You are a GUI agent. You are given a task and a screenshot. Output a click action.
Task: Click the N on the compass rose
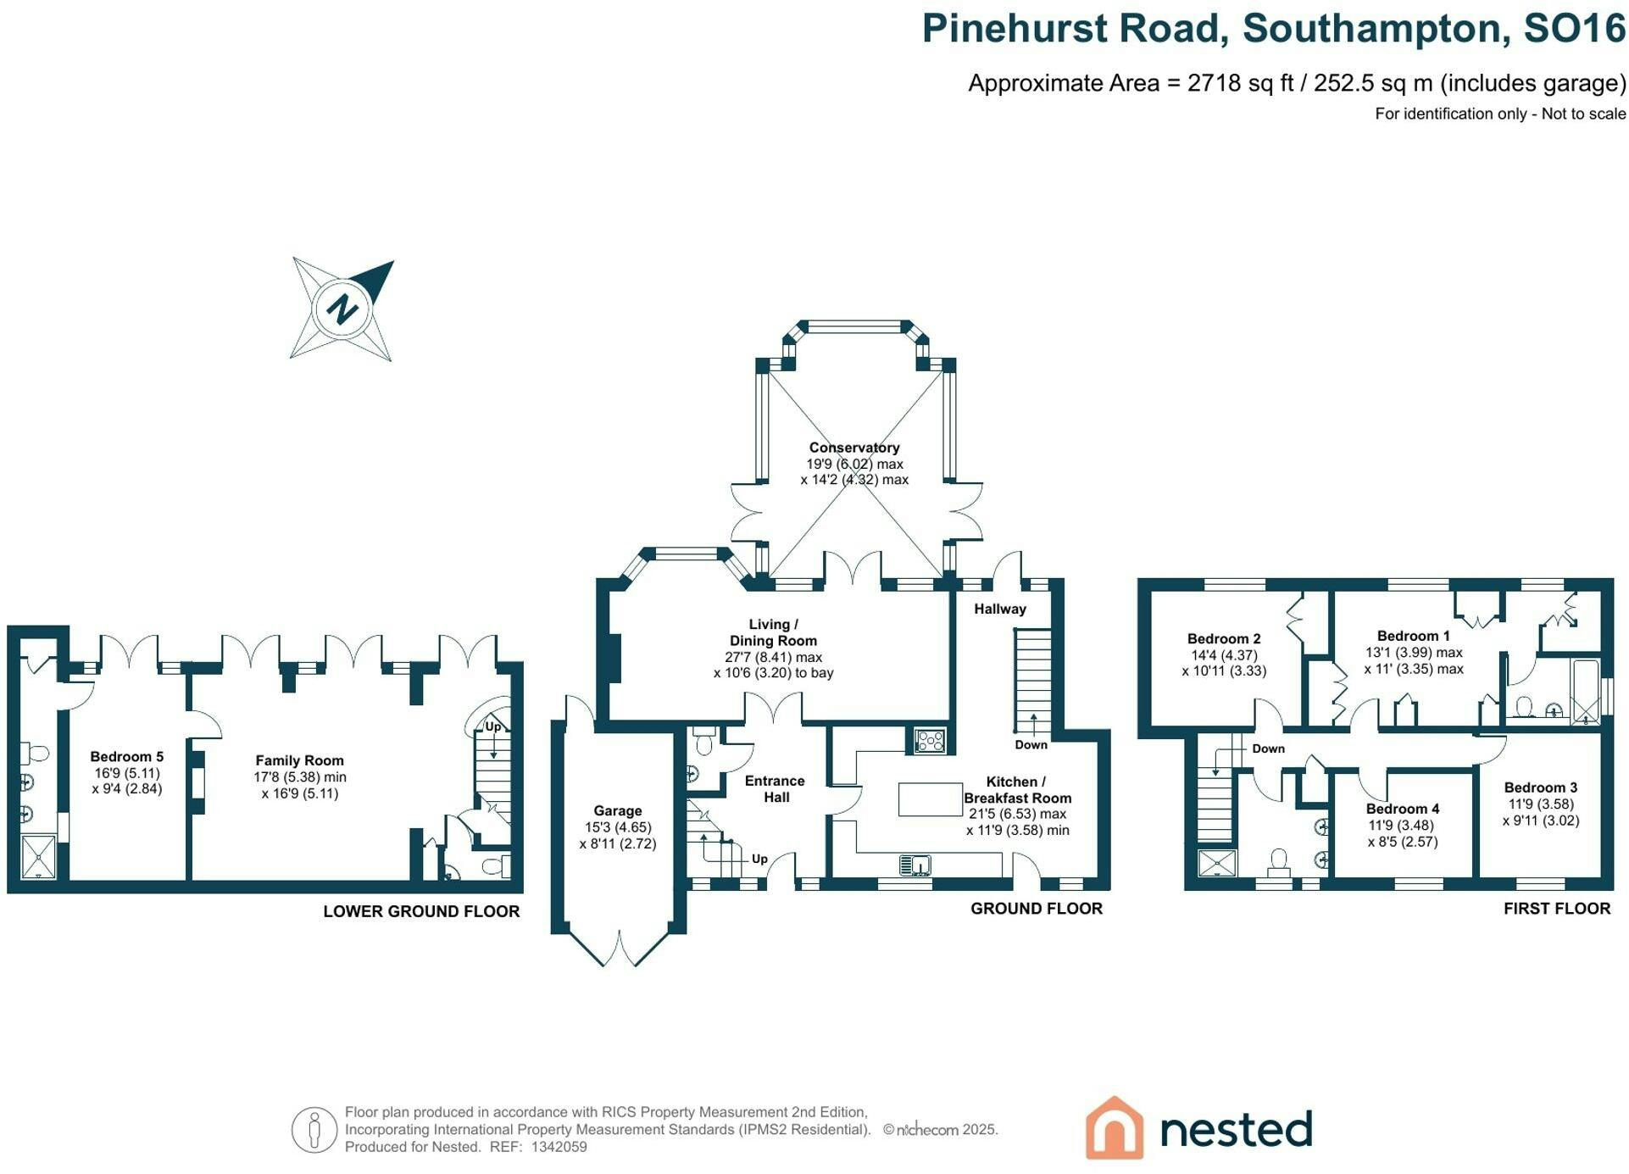pyautogui.click(x=343, y=309)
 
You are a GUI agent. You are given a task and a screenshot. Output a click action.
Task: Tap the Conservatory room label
pyautogui.click(x=853, y=448)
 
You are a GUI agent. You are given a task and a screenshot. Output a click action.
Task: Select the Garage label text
pyautogui.click(x=617, y=811)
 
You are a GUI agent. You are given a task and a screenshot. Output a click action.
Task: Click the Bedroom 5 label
pyautogui.click(x=127, y=757)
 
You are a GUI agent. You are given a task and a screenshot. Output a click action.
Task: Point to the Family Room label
pyautogui.click(x=299, y=761)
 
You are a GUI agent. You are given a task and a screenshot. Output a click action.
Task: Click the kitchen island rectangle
pyautogui.click(x=930, y=799)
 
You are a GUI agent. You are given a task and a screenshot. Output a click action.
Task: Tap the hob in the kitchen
pyautogui.click(x=930, y=741)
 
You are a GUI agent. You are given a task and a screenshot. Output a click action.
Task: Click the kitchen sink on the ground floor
pyautogui.click(x=915, y=865)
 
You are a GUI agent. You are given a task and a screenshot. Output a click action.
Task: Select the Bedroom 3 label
pyautogui.click(x=1541, y=787)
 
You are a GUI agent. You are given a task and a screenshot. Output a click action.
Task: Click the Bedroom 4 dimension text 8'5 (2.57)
pyautogui.click(x=1403, y=842)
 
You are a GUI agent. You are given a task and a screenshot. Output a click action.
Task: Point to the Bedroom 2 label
pyautogui.click(x=1224, y=639)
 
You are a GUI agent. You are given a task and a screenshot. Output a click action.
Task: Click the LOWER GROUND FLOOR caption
pyautogui.click(x=421, y=911)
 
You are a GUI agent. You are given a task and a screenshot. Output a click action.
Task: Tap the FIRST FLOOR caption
pyautogui.click(x=1557, y=909)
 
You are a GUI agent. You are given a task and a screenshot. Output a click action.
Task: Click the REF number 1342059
pyautogui.click(x=559, y=1147)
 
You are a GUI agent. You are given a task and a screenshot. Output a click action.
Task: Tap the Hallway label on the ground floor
pyautogui.click(x=1000, y=609)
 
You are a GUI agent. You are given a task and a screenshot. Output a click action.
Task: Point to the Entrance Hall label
pyautogui.click(x=775, y=789)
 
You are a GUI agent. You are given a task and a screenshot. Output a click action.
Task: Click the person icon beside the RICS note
pyautogui.click(x=314, y=1130)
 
